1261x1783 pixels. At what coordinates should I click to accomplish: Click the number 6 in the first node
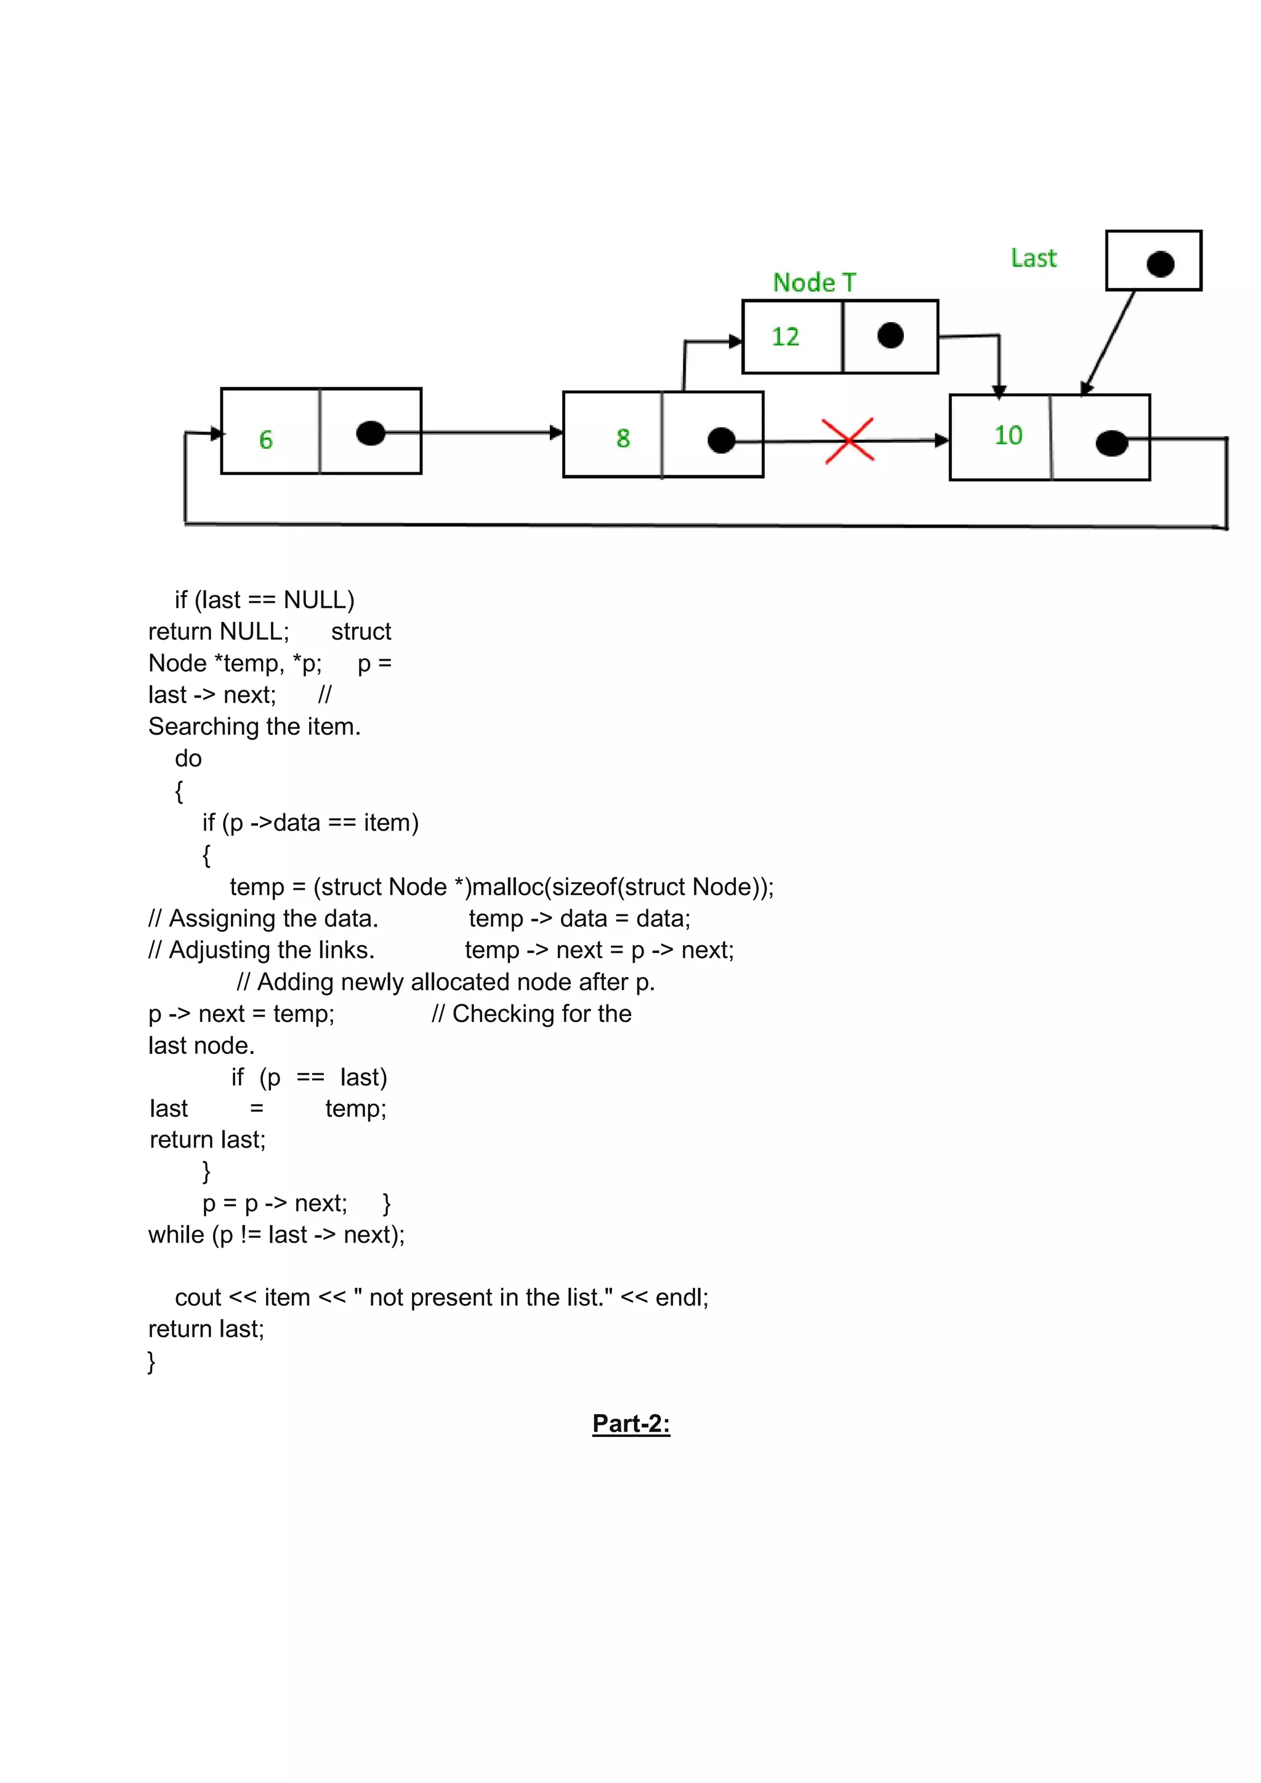[x=265, y=440]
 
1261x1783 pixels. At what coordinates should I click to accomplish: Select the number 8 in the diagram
[x=622, y=438]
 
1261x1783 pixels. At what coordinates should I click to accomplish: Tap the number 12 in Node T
[x=785, y=337]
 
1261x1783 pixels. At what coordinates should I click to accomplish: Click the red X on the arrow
[x=848, y=440]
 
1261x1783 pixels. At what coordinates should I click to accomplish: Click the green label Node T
[x=814, y=283]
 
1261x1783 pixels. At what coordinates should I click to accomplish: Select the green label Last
[x=1034, y=258]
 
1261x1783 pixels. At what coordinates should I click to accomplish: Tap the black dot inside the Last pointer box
[x=1160, y=264]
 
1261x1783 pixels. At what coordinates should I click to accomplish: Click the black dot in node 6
[x=371, y=433]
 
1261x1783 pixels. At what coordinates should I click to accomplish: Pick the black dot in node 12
[x=890, y=336]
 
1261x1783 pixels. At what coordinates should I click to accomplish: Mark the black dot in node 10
[x=1111, y=443]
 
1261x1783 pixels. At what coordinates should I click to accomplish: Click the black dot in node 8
[x=722, y=440]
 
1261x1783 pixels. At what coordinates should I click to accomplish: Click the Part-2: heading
[x=630, y=1423]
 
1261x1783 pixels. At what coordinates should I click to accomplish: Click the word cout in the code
[x=198, y=1298]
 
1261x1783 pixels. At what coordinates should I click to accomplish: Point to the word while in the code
[x=176, y=1235]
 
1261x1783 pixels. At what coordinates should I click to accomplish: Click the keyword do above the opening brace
[x=188, y=759]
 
